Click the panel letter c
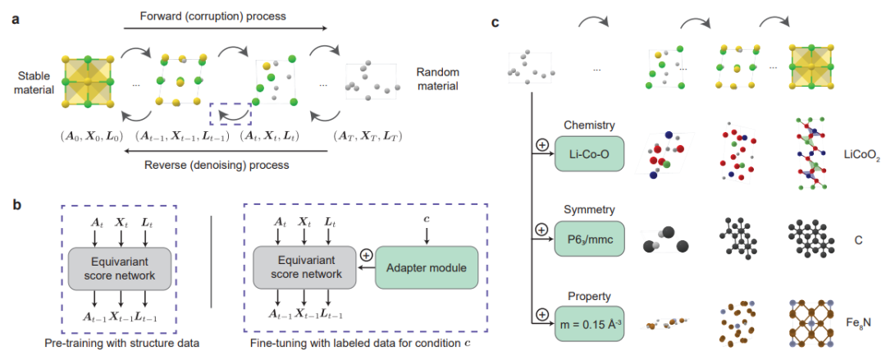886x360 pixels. pyautogui.click(x=496, y=22)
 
